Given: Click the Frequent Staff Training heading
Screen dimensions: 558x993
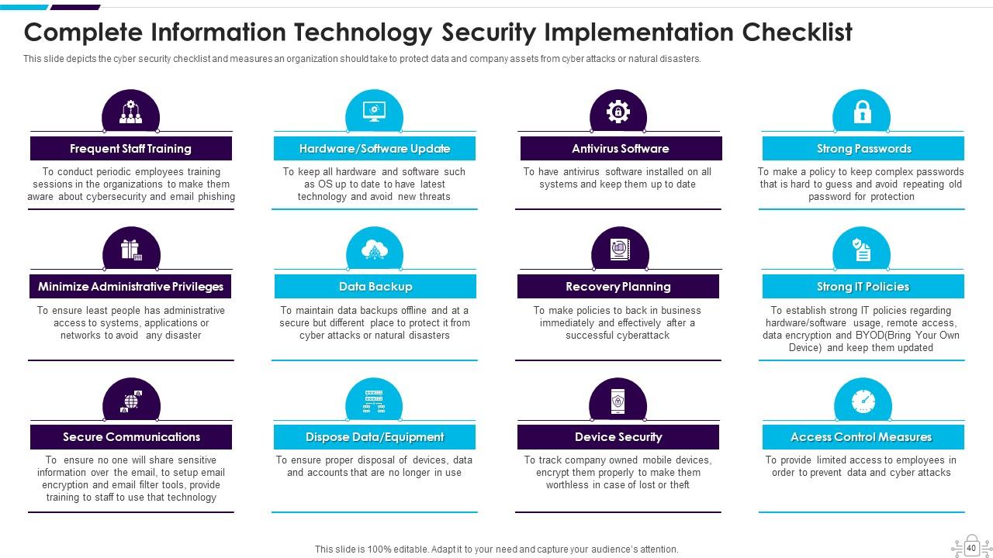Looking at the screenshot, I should (130, 149).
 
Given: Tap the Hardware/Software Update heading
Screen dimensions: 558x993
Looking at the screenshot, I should (375, 149).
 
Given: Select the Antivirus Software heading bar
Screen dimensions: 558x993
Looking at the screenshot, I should (620, 149).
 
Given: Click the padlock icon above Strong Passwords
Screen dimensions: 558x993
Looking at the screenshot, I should (862, 112).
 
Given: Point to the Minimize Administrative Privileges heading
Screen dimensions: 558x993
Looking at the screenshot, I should (130, 287).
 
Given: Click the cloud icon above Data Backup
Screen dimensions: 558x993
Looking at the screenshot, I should (375, 250).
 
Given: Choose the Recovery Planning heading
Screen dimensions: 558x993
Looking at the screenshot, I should (618, 287).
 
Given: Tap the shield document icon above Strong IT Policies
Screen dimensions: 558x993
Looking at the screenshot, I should (862, 250).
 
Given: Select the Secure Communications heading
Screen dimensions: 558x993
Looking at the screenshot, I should (131, 437).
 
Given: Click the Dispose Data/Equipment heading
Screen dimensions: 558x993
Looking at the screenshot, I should (375, 437).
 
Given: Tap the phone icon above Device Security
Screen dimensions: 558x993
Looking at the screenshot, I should (618, 401).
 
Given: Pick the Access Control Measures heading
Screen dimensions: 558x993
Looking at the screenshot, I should (861, 437).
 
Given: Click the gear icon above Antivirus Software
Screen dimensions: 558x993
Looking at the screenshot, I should (618, 112).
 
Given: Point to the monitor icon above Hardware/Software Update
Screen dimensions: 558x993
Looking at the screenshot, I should (375, 112).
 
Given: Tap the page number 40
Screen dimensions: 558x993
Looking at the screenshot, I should (971, 548).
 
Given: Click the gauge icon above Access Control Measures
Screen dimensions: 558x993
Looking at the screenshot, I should (863, 401).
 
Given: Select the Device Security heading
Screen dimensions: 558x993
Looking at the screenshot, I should (618, 437).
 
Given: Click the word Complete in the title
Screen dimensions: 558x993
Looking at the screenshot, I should (84, 33).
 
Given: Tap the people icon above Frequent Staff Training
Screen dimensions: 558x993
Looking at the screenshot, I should (130, 113).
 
